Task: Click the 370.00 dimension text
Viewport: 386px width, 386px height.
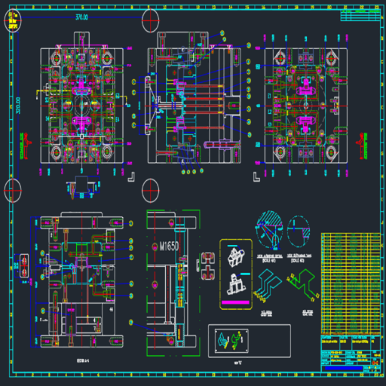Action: pyautogui.click(x=81, y=17)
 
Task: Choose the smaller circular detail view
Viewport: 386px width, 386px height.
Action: pyautogui.click(x=299, y=231)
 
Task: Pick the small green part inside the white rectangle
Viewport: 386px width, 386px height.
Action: pyautogui.click(x=240, y=341)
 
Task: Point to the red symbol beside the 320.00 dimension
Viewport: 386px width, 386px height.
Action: pyautogui.click(x=28, y=140)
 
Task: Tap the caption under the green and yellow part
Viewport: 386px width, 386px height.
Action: pyautogui.click(x=308, y=311)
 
